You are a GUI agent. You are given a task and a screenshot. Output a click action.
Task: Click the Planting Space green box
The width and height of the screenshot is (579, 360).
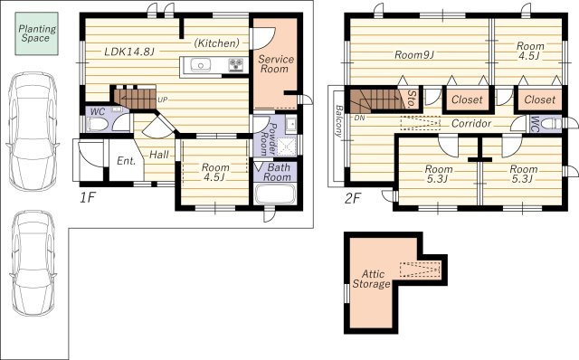tap(36, 33)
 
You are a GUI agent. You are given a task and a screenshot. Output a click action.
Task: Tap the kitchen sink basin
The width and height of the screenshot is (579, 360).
tap(201, 66)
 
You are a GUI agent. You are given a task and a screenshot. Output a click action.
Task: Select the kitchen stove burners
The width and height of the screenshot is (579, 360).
tap(235, 64)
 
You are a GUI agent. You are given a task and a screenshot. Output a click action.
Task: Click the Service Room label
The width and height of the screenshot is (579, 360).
tap(275, 64)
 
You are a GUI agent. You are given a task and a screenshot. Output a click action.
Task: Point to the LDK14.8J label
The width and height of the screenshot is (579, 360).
tap(128, 52)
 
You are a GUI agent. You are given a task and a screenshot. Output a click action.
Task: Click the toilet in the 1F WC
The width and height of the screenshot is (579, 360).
tap(98, 124)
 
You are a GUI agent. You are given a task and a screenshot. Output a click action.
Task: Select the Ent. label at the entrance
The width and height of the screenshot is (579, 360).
tap(127, 161)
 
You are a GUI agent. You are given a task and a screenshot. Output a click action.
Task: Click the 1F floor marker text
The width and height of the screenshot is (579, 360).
tap(88, 198)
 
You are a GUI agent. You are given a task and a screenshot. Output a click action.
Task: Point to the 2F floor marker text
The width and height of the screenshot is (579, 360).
tap(352, 199)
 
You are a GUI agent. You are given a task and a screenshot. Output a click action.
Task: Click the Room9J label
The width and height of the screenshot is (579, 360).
tap(414, 55)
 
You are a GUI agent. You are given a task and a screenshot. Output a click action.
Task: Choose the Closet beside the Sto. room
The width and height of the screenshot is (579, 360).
tap(467, 99)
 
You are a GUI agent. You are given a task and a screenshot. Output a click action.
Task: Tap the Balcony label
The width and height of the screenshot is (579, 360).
tap(338, 121)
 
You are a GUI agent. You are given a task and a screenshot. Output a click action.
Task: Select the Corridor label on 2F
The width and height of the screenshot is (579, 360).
tap(471, 123)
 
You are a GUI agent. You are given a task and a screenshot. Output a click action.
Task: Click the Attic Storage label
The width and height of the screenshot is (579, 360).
tap(372, 279)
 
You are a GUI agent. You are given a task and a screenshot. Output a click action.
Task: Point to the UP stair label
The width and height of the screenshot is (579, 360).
tap(163, 99)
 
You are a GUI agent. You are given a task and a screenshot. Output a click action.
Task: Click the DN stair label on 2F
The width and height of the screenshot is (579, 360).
tap(359, 118)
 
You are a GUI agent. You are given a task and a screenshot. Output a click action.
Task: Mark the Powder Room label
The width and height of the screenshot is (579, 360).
tap(269, 139)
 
